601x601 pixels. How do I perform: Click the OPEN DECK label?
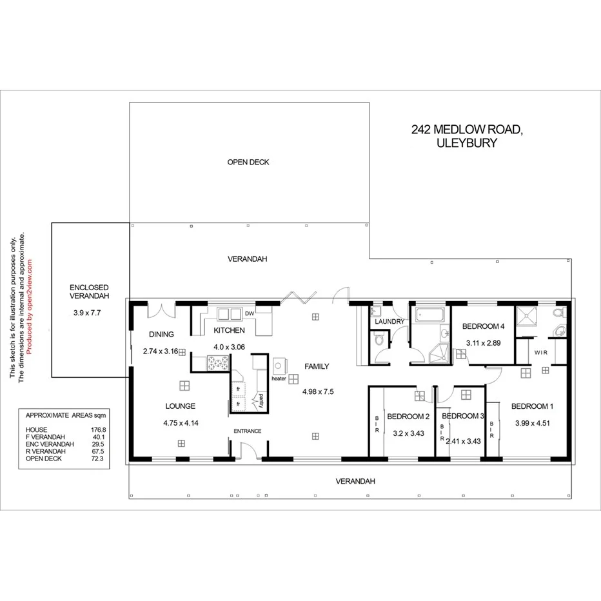pyautogui.click(x=248, y=163)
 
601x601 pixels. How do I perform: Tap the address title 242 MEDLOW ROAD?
pyautogui.click(x=466, y=130)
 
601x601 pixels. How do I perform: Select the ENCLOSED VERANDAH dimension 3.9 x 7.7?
pyautogui.click(x=89, y=313)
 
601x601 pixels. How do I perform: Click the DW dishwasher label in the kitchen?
pyautogui.click(x=249, y=314)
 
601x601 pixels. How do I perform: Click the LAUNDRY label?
pyautogui.click(x=389, y=322)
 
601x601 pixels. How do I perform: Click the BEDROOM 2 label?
pyautogui.click(x=408, y=416)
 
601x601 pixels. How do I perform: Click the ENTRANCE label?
pyautogui.click(x=247, y=431)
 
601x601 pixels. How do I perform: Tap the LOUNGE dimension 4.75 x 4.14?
pyautogui.click(x=180, y=423)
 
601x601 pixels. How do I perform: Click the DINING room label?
pyautogui.click(x=161, y=334)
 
